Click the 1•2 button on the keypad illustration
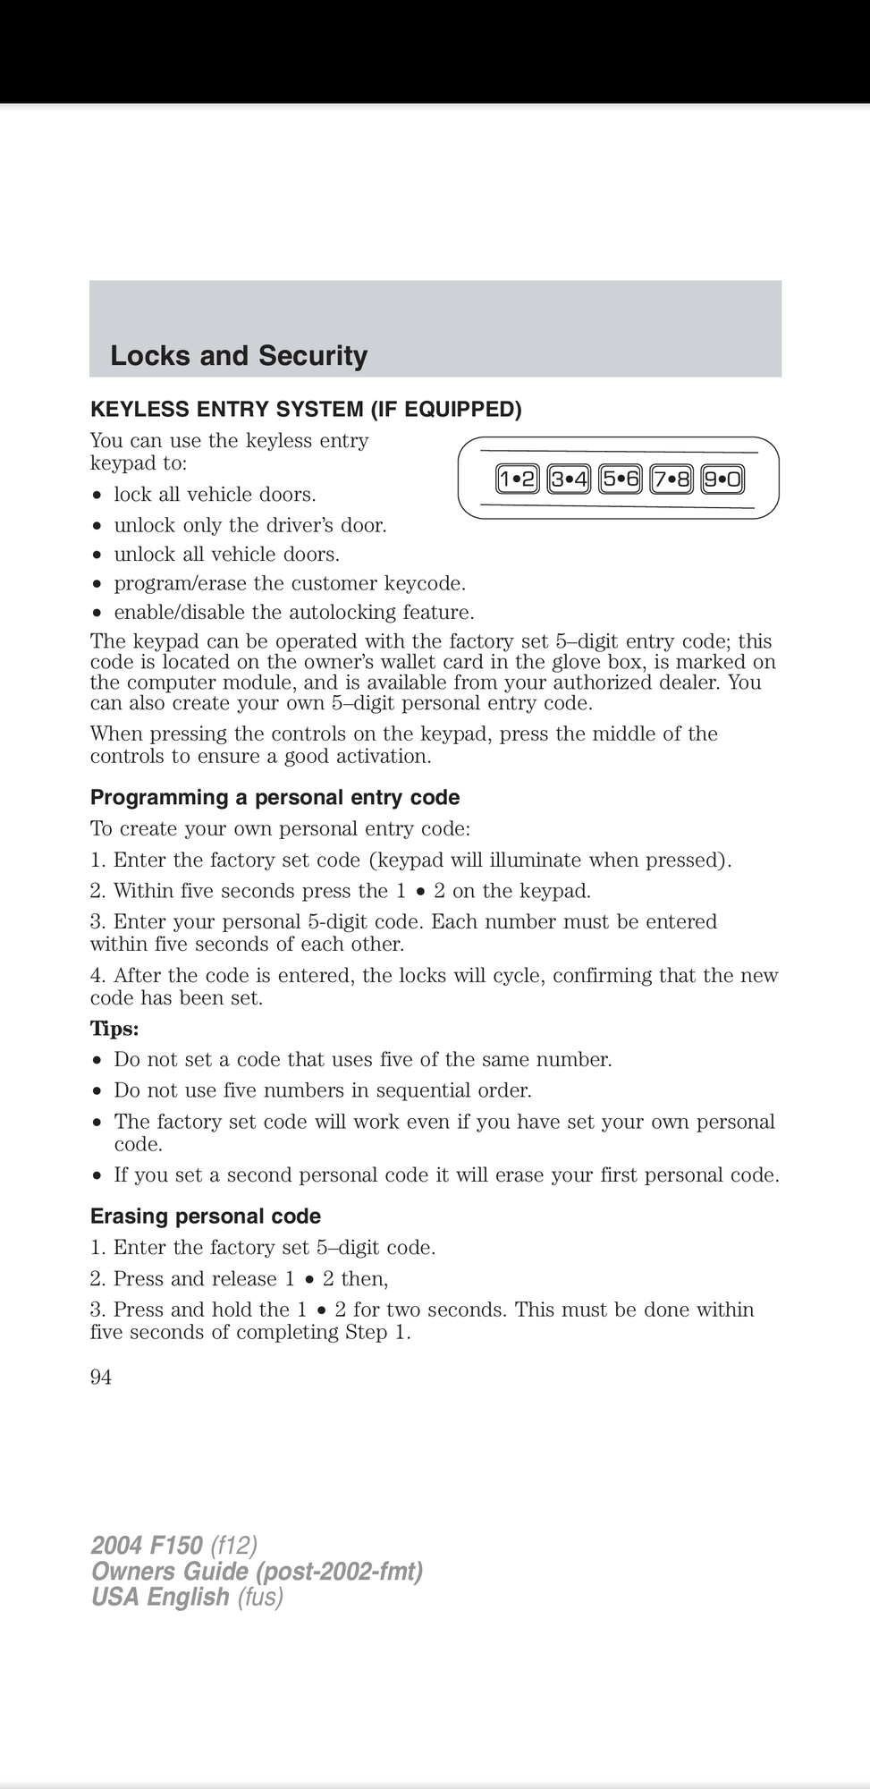click(517, 480)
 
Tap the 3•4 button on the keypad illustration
click(569, 480)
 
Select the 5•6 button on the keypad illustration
click(621, 480)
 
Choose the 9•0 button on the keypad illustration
click(722, 480)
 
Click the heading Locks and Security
click(239, 356)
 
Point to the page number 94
click(101, 1378)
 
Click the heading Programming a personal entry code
click(275, 797)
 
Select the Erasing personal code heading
click(205, 1217)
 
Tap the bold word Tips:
click(114, 1029)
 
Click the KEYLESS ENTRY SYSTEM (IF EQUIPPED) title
click(306, 410)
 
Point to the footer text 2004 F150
click(147, 1545)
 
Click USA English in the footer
click(160, 1597)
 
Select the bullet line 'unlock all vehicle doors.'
click(226, 555)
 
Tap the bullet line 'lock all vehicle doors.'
click(215, 495)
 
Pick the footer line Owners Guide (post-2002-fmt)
click(257, 1571)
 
